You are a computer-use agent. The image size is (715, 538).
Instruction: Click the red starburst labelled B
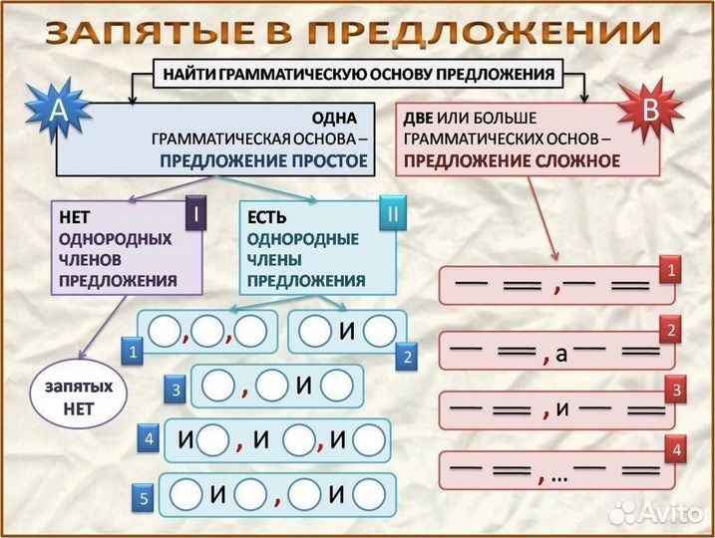(x=649, y=110)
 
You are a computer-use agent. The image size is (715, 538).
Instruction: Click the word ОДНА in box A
(x=334, y=118)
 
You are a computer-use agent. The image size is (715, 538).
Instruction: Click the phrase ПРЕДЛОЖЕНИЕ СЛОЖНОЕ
(x=512, y=159)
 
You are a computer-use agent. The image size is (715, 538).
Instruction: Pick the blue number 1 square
(x=132, y=350)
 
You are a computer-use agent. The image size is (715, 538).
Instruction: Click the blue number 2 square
(x=407, y=356)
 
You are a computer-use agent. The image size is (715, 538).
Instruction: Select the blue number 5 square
(x=143, y=502)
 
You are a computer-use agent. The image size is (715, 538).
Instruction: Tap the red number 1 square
(x=673, y=270)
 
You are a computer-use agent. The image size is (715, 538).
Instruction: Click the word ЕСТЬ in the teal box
(x=266, y=217)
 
